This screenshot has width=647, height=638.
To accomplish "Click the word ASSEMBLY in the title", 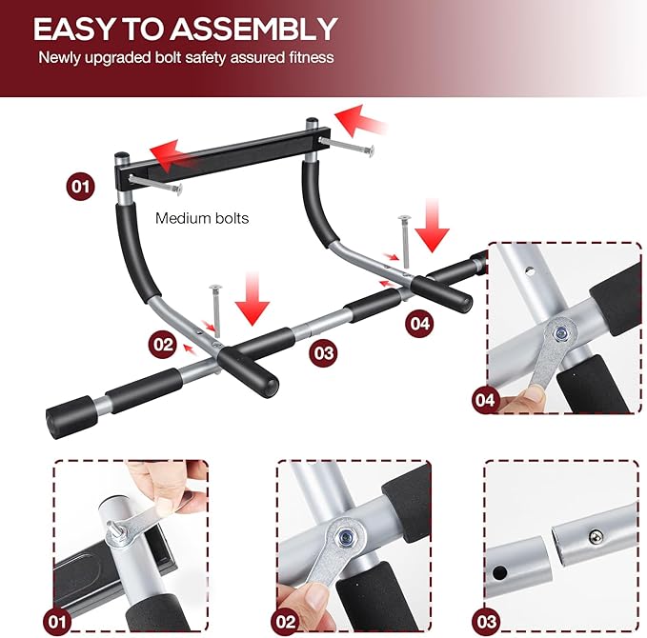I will [258, 29].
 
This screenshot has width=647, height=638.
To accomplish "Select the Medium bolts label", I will [202, 218].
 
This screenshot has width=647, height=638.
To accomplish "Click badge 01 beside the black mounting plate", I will [81, 186].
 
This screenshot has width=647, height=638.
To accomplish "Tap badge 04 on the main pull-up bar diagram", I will [419, 324].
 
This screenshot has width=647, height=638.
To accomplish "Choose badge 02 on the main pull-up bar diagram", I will [162, 343].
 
